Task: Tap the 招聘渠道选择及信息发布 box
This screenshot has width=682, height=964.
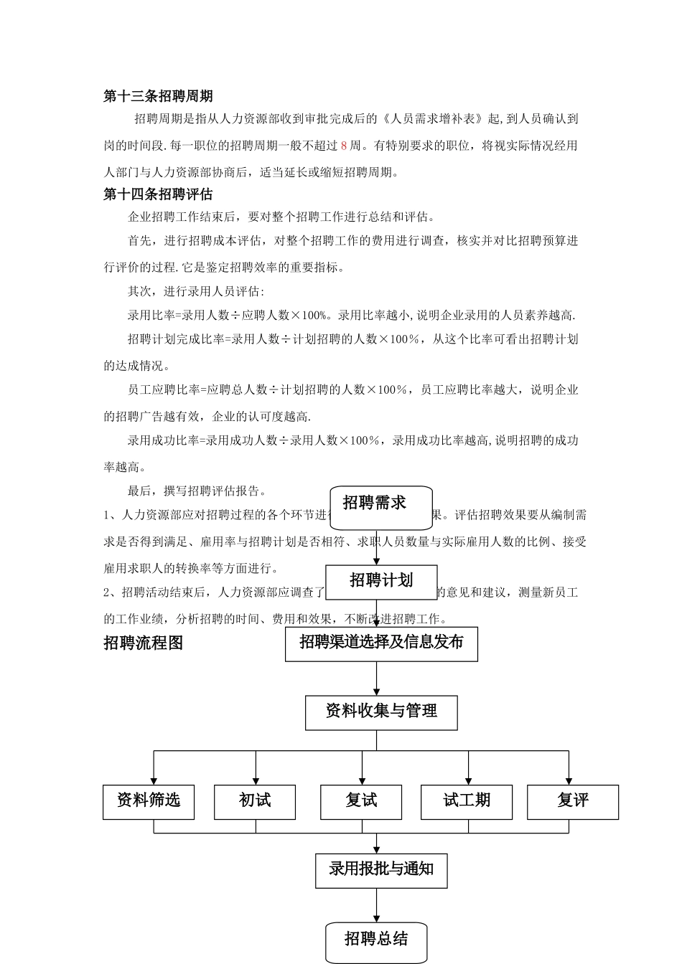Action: point(381,643)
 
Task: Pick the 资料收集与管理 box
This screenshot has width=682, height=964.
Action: point(381,712)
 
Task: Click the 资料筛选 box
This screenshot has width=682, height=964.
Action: point(149,801)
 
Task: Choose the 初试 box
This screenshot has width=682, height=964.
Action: point(255,801)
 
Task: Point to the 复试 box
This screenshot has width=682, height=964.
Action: point(361,801)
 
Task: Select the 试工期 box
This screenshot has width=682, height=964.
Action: point(467,801)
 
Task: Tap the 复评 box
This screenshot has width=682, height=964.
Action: point(573,801)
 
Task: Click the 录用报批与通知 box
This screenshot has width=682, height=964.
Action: point(381,870)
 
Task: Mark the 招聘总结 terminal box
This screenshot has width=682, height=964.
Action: point(376,942)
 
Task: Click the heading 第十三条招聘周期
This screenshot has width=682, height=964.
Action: point(158,96)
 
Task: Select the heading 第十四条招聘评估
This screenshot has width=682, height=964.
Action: point(158,194)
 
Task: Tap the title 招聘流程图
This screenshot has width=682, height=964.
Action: point(144,643)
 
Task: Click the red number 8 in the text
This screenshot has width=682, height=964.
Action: point(344,146)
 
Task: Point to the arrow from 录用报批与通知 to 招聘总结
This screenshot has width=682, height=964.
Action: point(376,905)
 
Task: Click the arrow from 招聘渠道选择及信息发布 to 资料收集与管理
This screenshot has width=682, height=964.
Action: point(376,679)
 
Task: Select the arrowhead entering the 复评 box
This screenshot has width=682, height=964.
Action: point(569,780)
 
